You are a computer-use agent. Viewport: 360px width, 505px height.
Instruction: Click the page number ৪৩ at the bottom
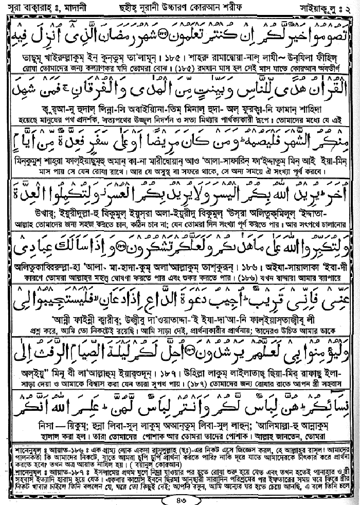[x=180, y=499]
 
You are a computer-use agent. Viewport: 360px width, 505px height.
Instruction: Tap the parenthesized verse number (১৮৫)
[x=183, y=67]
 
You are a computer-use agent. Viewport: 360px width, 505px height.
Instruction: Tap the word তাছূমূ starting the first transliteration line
[x=19, y=57]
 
